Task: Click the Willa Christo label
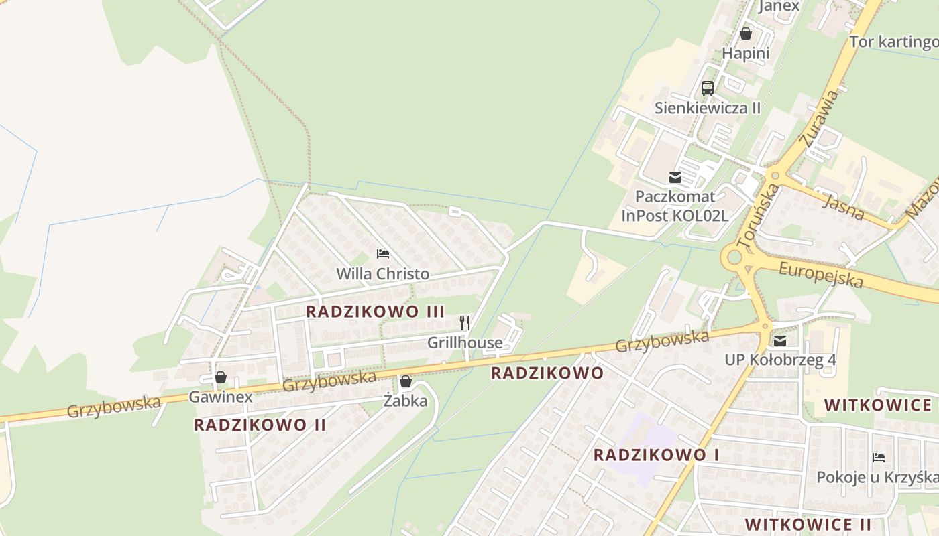(x=382, y=274)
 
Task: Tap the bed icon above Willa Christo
(x=383, y=254)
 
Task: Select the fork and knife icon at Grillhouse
(x=465, y=323)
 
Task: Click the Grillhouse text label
(x=465, y=343)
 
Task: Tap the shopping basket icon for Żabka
(x=406, y=382)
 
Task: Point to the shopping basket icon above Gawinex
(x=221, y=378)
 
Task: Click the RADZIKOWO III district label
(x=375, y=312)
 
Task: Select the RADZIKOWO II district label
(x=260, y=425)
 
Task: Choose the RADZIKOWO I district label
(x=656, y=455)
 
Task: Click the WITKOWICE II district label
(x=808, y=523)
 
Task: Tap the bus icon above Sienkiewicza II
(x=708, y=88)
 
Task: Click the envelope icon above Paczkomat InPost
(x=675, y=178)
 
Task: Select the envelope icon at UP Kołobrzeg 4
(x=780, y=340)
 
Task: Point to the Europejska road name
(x=821, y=274)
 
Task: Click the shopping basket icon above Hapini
(x=745, y=33)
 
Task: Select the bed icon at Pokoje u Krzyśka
(x=879, y=458)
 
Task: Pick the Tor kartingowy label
(x=894, y=42)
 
